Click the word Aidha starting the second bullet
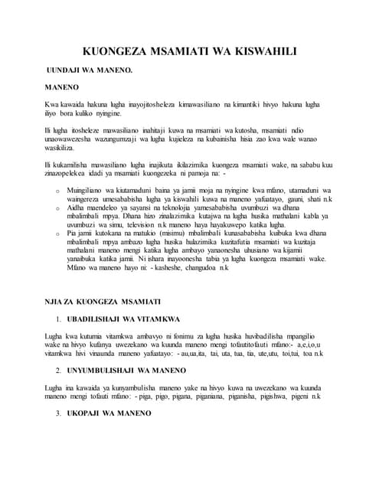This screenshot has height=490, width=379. click(x=77, y=207)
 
